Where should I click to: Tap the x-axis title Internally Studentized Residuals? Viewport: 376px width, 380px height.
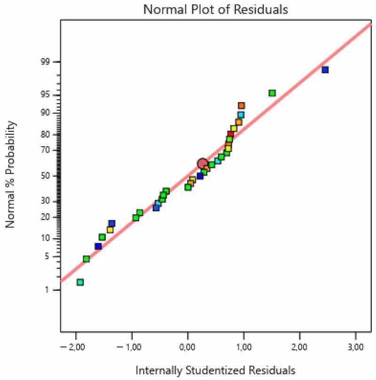tap(216, 370)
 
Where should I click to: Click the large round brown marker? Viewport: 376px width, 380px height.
tap(203, 163)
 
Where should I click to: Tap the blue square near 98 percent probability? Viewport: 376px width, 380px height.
tap(325, 70)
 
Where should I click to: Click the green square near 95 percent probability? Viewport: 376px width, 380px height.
tap(272, 93)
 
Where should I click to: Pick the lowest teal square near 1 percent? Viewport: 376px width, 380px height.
tap(80, 282)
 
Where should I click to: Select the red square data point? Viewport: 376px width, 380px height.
tap(230, 134)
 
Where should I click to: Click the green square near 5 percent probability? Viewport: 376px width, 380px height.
tap(86, 259)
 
